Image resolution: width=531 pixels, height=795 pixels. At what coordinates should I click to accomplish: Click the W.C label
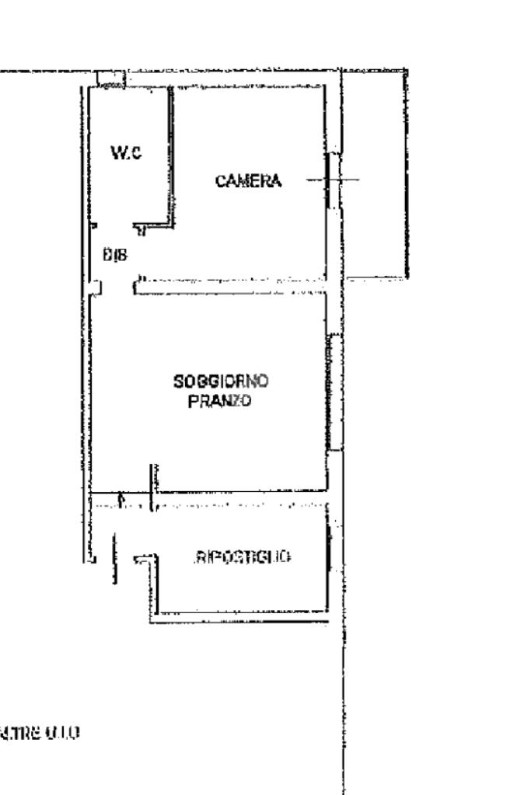[127, 154]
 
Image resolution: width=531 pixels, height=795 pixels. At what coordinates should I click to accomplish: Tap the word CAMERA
[248, 181]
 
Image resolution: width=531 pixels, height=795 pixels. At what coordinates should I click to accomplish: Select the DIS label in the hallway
[115, 253]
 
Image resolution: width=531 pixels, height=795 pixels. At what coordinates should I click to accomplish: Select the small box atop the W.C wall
[110, 79]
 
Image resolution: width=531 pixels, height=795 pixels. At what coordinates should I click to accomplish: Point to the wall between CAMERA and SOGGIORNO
[233, 283]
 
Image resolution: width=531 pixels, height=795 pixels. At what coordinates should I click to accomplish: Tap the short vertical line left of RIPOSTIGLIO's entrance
[115, 558]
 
